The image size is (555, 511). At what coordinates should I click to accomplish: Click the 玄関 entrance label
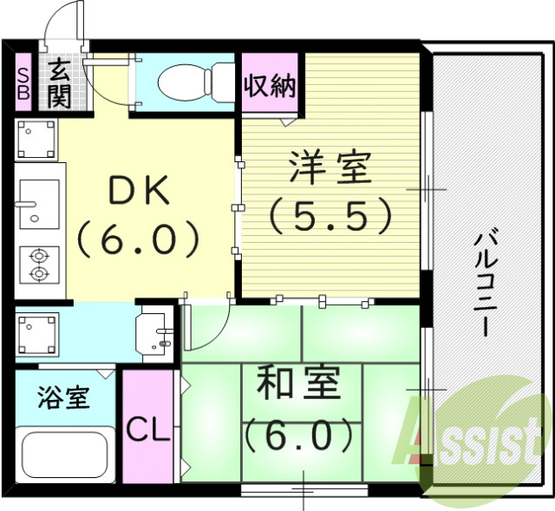pos(59,82)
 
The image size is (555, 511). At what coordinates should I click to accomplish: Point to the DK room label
pos(139,192)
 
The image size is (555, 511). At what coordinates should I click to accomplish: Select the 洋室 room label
pos(330,168)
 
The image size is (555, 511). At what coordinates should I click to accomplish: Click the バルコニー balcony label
pos(486,281)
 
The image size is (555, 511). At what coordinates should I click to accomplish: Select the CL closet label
pos(147,429)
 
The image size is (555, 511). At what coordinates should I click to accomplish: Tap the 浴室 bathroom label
pos(63,400)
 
